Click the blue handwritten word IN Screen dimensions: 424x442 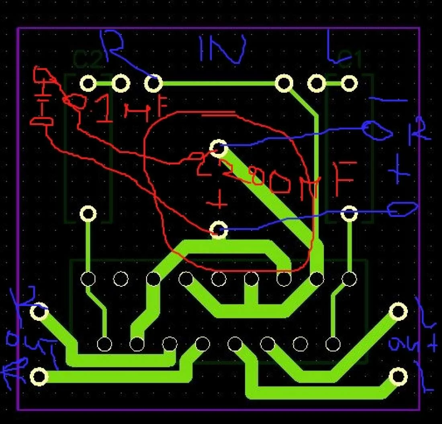coord(222,50)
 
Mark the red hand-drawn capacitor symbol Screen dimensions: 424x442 coord(42,98)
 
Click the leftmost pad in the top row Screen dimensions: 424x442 coord(88,84)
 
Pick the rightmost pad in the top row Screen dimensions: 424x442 coord(349,84)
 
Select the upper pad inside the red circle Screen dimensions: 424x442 coord(219,147)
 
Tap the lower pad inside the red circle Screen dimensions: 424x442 coord(219,230)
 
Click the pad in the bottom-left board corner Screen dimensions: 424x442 coord(39,377)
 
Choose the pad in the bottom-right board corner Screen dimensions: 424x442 coord(398,377)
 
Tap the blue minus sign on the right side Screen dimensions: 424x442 coord(388,100)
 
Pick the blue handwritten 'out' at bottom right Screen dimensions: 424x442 coord(411,345)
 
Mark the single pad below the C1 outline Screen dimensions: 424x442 coord(349,214)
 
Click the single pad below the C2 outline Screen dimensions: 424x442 coord(88,214)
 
